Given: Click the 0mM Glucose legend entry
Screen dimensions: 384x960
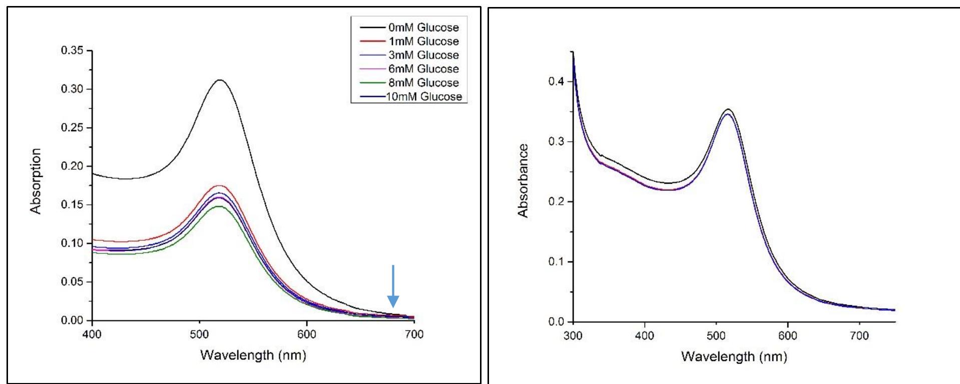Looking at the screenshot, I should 423,28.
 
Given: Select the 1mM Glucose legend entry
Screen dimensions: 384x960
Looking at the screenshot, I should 423,42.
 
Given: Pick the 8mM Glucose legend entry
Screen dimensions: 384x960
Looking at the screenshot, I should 423,83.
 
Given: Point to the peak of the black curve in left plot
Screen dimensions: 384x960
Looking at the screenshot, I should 220,80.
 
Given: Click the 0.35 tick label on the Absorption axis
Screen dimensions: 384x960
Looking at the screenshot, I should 73,51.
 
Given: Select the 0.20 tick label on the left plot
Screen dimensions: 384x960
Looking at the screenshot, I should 73,166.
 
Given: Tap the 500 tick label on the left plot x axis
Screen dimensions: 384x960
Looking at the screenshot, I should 199,334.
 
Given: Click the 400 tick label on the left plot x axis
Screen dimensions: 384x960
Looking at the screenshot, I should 92,334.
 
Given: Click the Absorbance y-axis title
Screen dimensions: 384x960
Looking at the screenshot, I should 523,181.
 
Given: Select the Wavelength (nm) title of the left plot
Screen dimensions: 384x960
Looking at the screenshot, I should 253,355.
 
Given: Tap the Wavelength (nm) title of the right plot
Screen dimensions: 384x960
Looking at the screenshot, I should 734,356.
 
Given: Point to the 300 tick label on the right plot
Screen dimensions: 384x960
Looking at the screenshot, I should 573,335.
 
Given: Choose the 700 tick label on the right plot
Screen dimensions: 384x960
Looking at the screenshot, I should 859,335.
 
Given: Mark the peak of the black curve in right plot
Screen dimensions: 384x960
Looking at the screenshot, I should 728,109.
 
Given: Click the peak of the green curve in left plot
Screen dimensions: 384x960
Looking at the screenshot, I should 219,206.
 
